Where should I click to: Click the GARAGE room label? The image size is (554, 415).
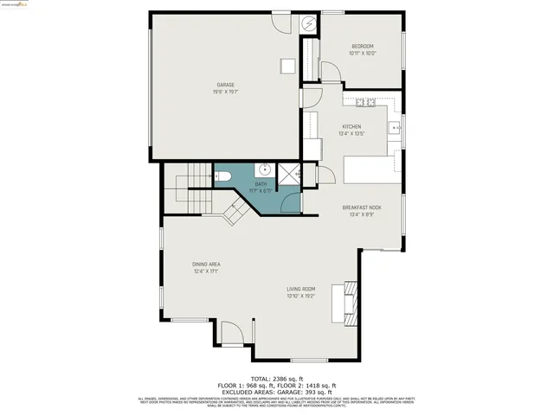[225, 85]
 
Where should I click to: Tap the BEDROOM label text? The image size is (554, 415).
[363, 46]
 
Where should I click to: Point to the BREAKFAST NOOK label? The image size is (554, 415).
[362, 207]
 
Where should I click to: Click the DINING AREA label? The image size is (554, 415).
[206, 264]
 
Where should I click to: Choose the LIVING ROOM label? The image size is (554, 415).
[301, 289]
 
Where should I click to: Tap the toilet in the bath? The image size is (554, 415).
[224, 177]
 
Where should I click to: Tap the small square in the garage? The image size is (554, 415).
[287, 67]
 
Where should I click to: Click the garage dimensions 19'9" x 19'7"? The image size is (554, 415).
[225, 91]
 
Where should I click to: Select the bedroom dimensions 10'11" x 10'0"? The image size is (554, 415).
[363, 53]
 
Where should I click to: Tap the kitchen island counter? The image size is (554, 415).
[372, 169]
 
